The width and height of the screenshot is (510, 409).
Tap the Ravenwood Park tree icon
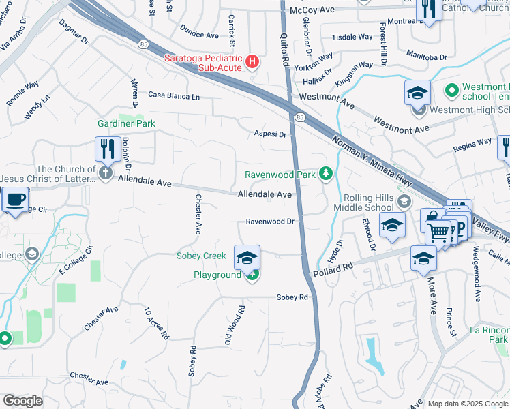click(327, 175)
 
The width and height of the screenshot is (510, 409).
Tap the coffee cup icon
click(14, 200)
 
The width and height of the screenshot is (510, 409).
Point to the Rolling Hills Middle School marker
click(404, 200)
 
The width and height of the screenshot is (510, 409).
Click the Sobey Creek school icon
click(247, 256)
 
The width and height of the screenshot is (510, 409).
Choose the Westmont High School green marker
click(451, 89)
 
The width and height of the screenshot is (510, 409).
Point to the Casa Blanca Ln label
click(174, 96)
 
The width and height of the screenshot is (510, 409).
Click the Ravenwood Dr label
click(270, 222)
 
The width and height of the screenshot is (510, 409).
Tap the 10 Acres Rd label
click(156, 323)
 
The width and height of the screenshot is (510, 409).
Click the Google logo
click(22, 401)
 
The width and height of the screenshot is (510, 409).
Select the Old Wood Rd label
click(235, 324)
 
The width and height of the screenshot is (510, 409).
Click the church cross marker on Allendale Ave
click(105, 172)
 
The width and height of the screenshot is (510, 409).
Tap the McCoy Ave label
click(312, 11)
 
